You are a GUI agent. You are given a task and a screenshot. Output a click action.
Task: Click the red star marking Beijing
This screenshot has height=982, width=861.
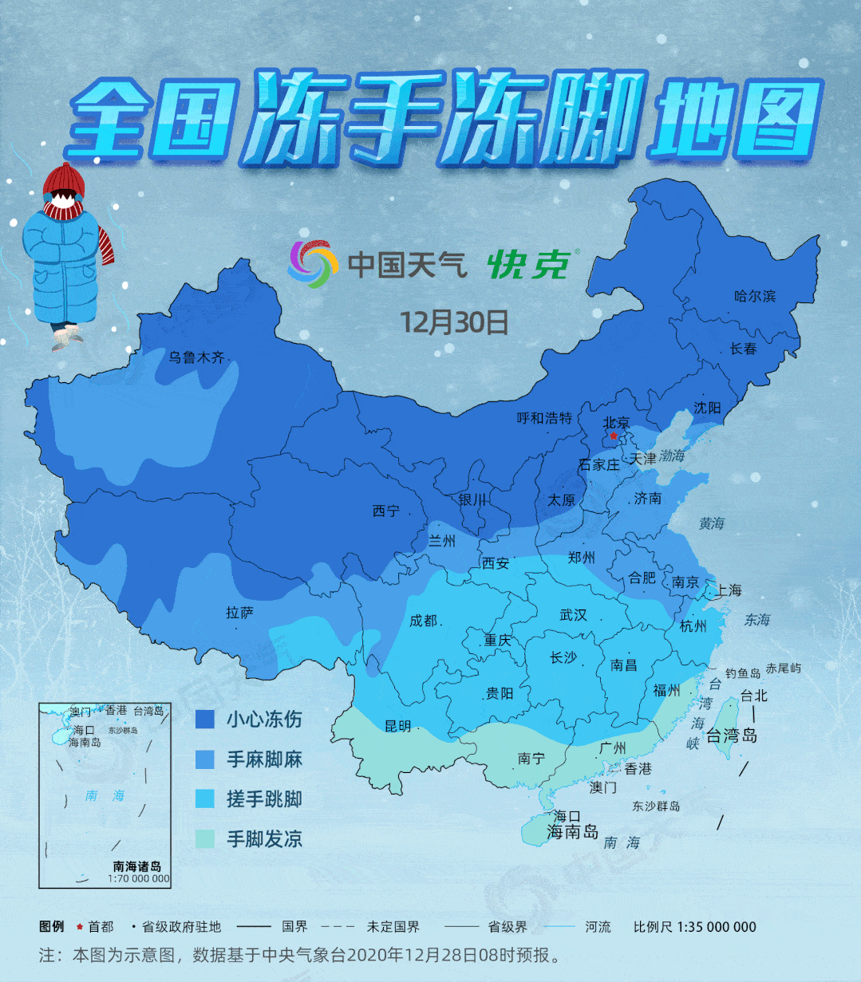tap(613, 436)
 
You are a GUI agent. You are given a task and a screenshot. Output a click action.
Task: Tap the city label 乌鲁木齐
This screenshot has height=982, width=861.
tap(196, 357)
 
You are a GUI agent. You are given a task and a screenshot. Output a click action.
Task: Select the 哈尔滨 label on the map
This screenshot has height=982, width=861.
tap(754, 296)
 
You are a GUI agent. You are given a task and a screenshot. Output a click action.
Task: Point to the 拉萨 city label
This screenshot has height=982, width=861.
tap(239, 613)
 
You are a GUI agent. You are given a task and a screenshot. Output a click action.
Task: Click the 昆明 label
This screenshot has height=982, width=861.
tap(397, 726)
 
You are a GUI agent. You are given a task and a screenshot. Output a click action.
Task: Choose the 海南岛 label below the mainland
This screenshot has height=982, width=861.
tap(572, 832)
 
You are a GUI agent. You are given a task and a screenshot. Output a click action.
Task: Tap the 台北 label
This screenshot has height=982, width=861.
tap(753, 695)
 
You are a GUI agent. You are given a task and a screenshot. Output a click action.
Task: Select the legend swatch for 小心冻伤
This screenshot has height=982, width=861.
tap(205, 720)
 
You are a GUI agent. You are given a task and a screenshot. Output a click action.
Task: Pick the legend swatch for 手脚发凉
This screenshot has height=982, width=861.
tap(205, 838)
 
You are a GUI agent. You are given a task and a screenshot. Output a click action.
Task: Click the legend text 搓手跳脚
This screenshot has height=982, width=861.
tap(264, 799)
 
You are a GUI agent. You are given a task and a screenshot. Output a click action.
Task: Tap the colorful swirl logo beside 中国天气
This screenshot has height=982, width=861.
tap(308, 264)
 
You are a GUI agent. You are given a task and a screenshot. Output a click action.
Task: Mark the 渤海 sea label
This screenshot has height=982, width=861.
tap(671, 456)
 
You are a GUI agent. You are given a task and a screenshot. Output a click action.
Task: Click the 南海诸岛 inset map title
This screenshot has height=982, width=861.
tap(137, 866)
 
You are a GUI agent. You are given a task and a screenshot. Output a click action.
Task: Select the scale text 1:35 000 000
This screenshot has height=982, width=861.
tap(717, 927)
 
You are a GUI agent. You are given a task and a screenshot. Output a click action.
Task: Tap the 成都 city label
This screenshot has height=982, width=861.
tap(423, 621)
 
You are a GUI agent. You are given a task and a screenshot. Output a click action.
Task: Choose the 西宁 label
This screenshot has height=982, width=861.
tap(386, 511)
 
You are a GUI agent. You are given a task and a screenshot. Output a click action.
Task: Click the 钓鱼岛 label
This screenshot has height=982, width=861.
tap(742, 673)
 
